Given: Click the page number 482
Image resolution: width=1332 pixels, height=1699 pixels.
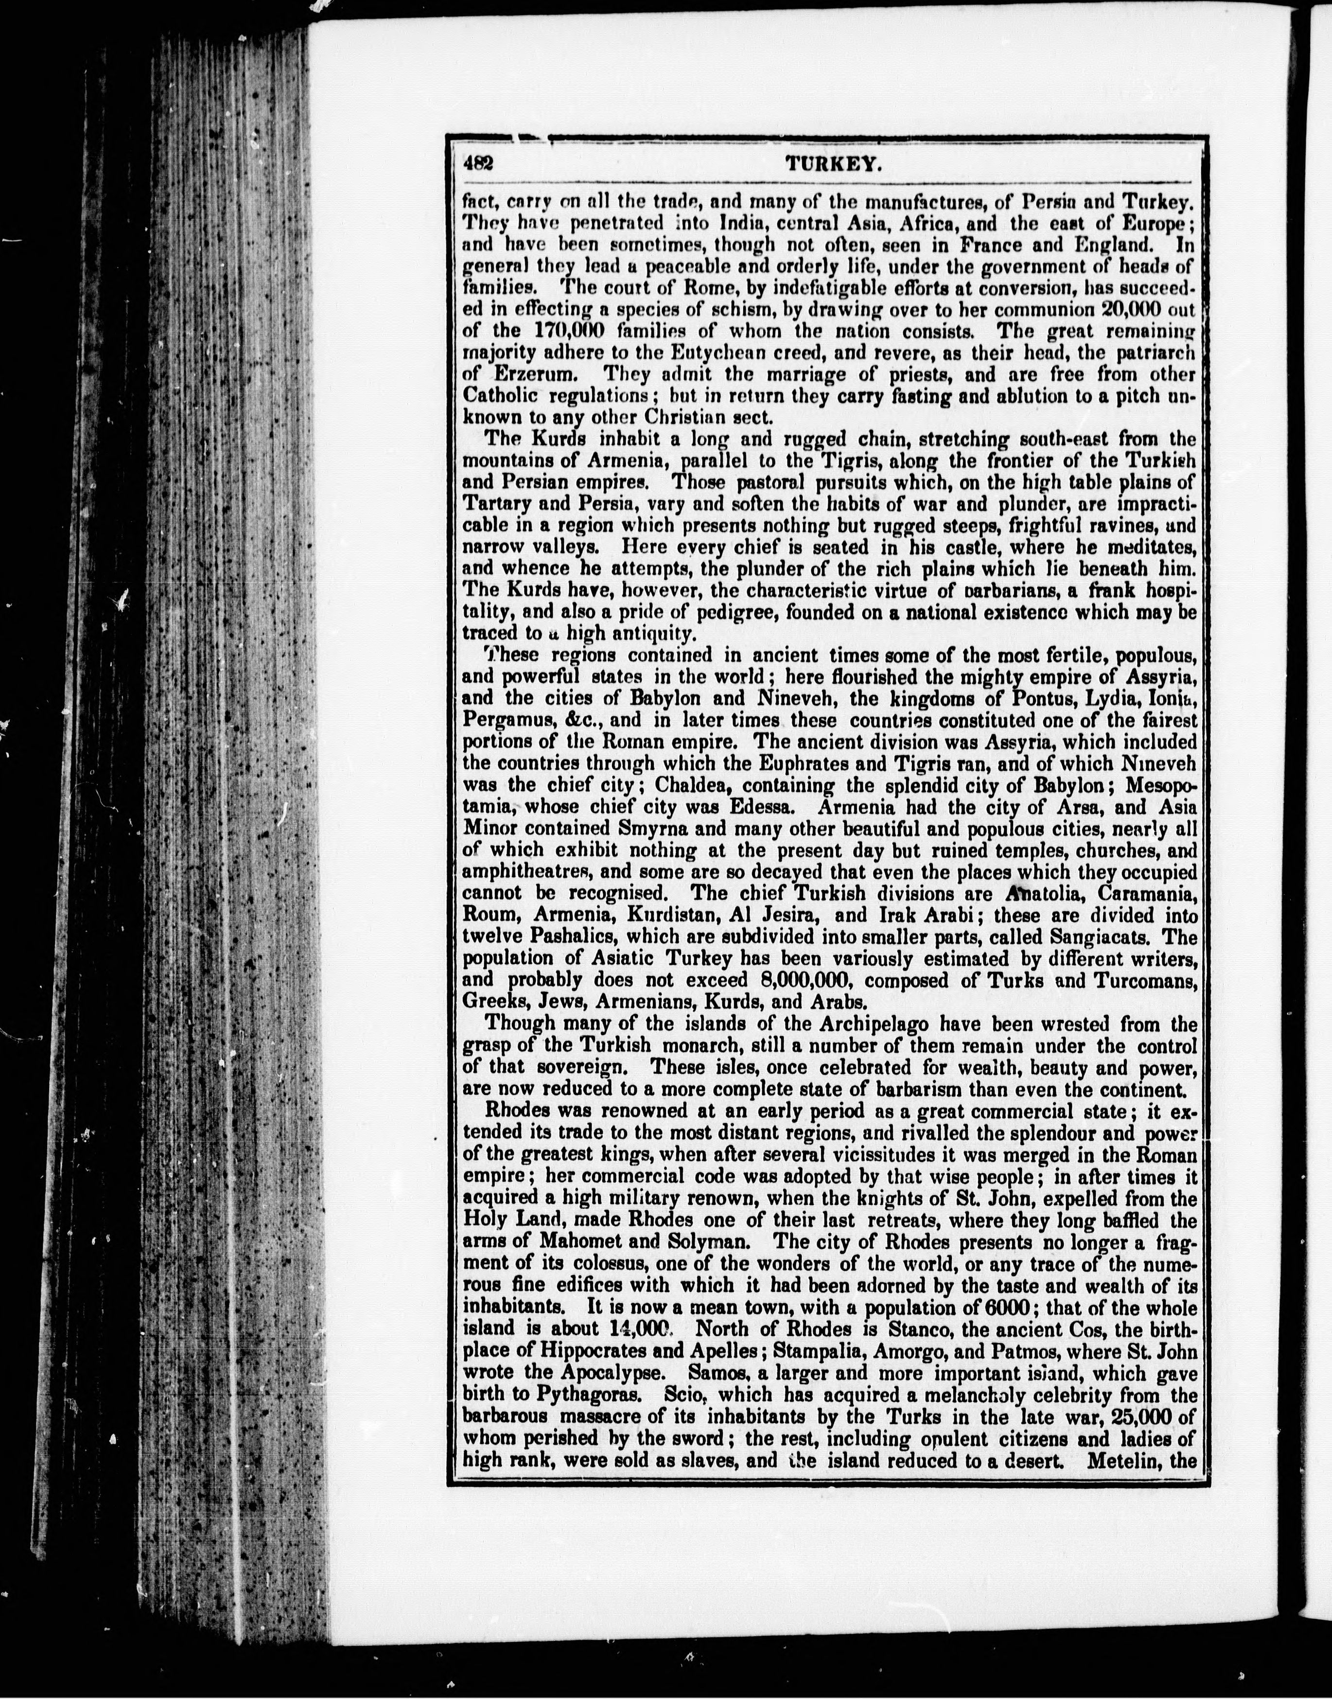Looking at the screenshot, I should coord(477,164).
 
